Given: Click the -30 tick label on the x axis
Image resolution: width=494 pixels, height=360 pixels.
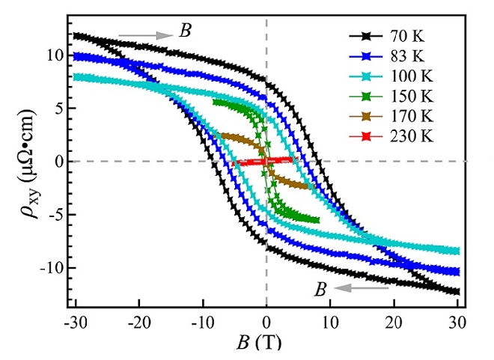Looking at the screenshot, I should coord(75,322).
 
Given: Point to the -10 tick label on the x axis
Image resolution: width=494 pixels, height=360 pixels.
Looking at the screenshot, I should coord(202,322).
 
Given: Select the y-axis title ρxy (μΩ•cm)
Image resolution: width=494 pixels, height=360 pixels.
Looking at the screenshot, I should coord(24,161).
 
